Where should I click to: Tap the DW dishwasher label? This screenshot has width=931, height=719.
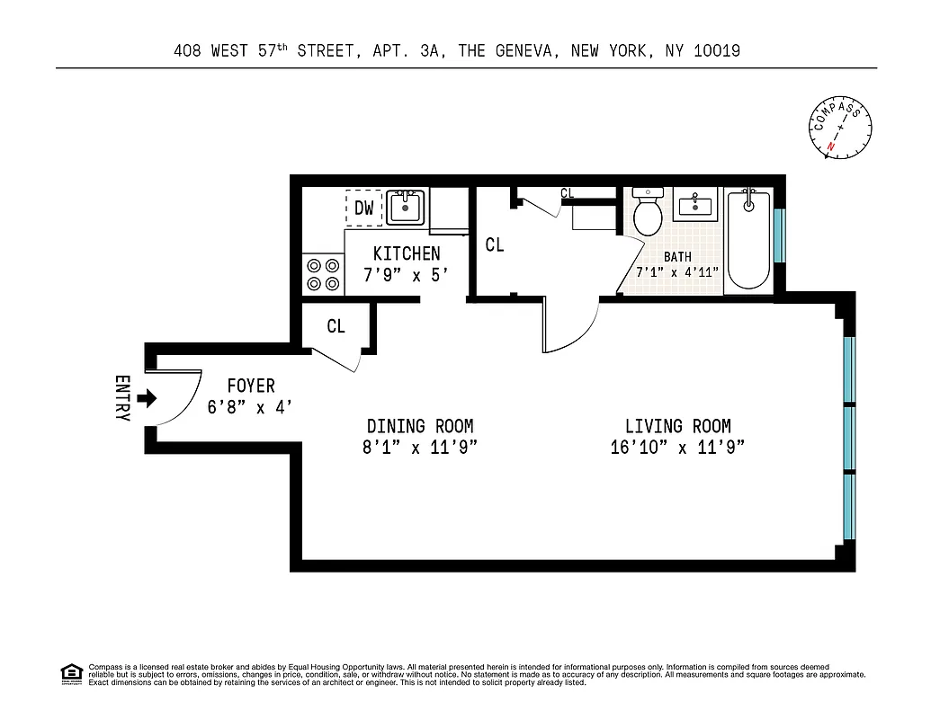point(363,209)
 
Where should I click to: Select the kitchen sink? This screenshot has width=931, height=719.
point(407,208)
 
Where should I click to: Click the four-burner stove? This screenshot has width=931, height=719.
point(323,274)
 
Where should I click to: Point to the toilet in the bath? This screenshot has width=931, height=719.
point(648,213)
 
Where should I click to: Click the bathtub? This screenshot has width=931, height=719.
point(747,240)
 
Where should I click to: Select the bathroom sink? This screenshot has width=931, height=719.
point(695,206)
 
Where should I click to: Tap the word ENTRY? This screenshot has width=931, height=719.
point(123,398)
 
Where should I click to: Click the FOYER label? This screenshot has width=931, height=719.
point(250,386)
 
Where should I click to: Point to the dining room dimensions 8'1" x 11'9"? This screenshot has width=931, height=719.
point(419,448)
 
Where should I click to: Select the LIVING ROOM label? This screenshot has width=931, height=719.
point(677,426)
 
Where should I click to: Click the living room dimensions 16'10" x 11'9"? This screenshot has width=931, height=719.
point(677,448)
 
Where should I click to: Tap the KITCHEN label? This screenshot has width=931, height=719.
point(407,254)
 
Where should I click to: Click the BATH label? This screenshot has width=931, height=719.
point(677,257)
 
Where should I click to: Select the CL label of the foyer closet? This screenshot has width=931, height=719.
point(336,326)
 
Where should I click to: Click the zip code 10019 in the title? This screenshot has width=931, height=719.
point(717,51)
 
